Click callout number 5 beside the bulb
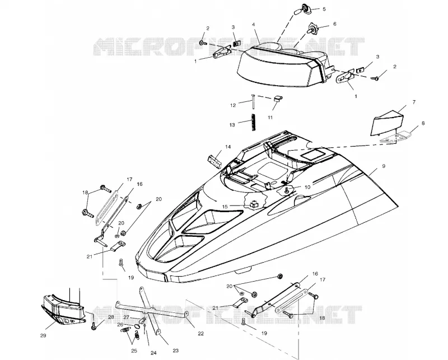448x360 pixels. [324, 9]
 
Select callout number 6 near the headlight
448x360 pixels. [335, 24]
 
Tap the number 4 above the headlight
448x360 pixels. [254, 25]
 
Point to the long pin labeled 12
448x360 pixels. [253, 101]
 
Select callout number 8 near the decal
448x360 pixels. [423, 123]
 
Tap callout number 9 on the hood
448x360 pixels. [384, 166]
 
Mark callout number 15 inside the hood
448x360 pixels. [225, 206]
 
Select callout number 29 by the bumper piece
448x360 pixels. [43, 335]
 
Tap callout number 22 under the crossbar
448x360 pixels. [201, 334]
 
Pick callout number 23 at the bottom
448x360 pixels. [175, 350]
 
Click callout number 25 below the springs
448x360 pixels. [134, 351]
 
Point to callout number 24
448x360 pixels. [153, 353]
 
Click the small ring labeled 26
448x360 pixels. [137, 326]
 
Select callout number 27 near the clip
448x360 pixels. [127, 317]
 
